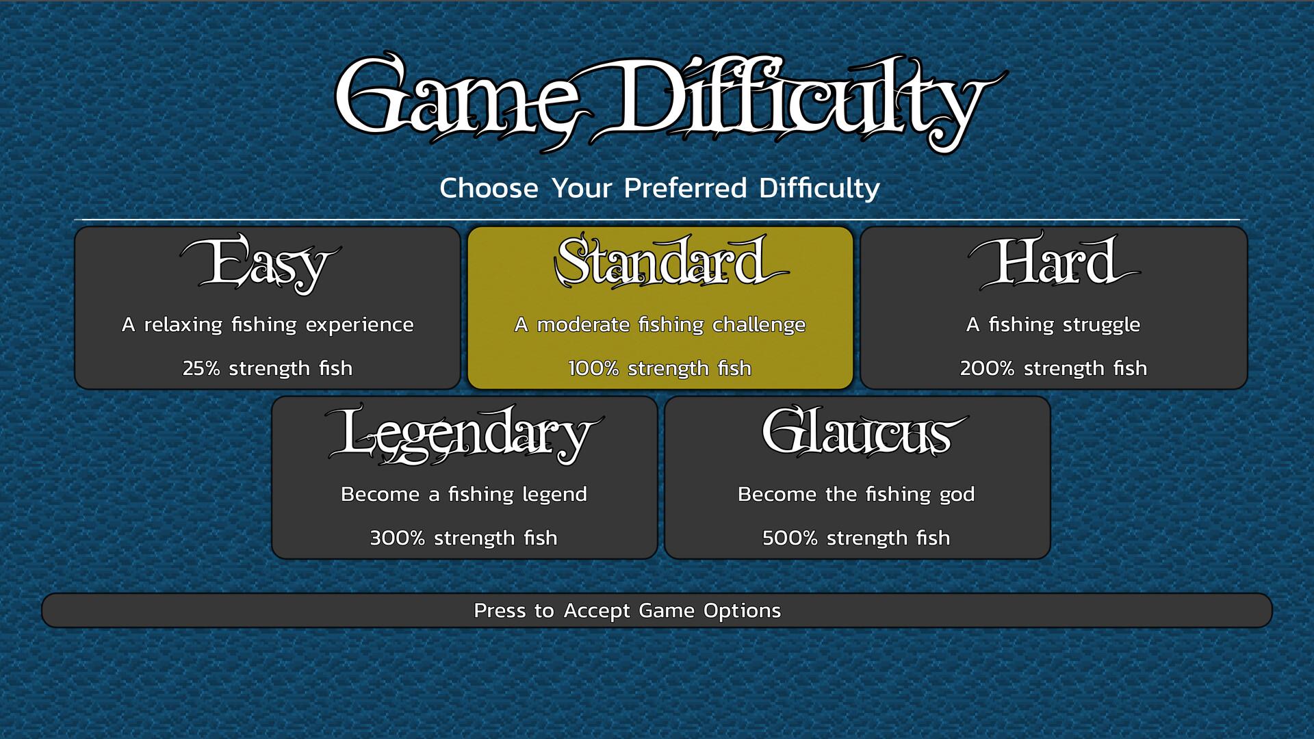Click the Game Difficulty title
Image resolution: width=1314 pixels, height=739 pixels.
671,103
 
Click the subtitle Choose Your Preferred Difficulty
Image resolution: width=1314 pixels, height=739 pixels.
660,188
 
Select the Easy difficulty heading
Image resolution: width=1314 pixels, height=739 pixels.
261,263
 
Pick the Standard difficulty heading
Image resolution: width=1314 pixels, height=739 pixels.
671,261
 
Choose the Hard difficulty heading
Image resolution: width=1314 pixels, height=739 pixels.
1054,262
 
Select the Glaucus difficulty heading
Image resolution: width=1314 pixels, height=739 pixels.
864,432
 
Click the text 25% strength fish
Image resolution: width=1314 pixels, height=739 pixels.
268,368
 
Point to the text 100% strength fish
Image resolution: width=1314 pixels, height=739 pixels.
660,368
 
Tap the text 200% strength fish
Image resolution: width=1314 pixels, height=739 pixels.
1053,368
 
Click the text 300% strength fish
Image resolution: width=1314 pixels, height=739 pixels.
464,538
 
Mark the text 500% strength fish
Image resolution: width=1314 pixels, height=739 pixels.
856,538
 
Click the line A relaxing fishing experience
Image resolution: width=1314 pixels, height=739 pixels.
268,324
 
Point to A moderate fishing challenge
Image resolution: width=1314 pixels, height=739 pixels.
660,324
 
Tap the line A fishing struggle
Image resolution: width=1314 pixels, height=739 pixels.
1053,324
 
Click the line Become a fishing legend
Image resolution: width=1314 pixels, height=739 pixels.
464,494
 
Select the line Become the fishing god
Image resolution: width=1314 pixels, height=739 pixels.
856,494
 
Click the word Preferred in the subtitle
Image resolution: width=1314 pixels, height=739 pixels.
685,188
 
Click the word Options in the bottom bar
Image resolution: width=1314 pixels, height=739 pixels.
742,610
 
